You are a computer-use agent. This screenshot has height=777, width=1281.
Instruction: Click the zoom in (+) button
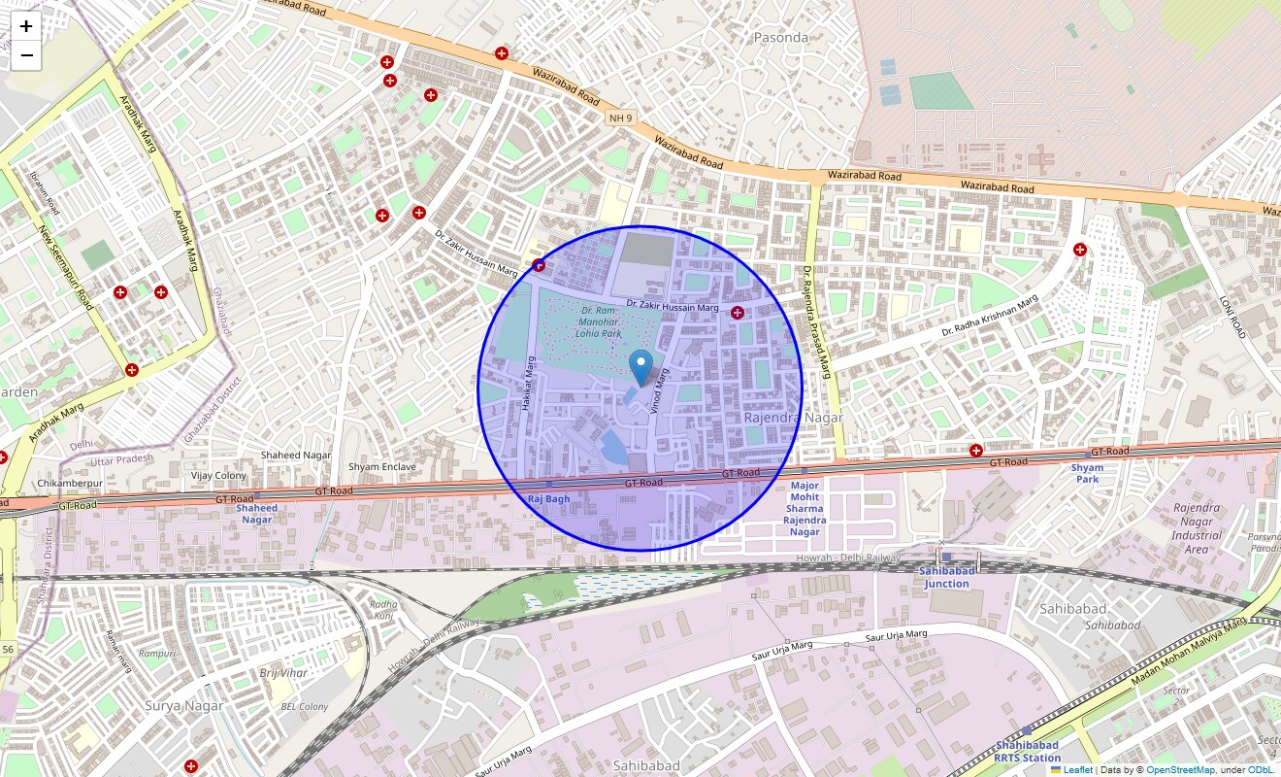26,26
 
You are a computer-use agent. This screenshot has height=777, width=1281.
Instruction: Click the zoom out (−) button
26,55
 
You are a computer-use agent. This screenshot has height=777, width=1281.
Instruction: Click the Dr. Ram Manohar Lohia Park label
599,321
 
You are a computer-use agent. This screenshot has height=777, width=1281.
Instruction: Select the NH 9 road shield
620,118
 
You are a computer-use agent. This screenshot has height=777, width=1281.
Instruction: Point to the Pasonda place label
780,38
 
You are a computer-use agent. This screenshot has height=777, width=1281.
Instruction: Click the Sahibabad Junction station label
946,577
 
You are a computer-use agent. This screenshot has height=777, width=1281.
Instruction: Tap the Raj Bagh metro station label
548,498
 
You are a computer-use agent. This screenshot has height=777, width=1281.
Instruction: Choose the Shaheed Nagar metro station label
257,513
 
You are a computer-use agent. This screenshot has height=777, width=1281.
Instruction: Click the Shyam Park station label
1087,473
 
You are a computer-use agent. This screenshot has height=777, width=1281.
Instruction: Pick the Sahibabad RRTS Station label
1027,751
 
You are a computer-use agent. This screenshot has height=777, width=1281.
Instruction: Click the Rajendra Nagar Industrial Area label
1197,528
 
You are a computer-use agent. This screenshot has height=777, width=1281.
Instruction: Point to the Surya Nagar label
183,705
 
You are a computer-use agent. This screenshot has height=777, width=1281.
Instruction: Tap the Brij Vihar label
282,673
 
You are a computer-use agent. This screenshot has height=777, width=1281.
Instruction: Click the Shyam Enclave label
382,467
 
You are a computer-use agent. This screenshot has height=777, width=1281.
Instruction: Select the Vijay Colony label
218,476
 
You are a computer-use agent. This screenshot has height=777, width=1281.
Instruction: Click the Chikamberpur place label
69,483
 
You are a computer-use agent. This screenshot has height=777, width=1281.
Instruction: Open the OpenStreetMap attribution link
1180,770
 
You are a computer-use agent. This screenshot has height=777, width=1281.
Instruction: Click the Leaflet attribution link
1077,770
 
